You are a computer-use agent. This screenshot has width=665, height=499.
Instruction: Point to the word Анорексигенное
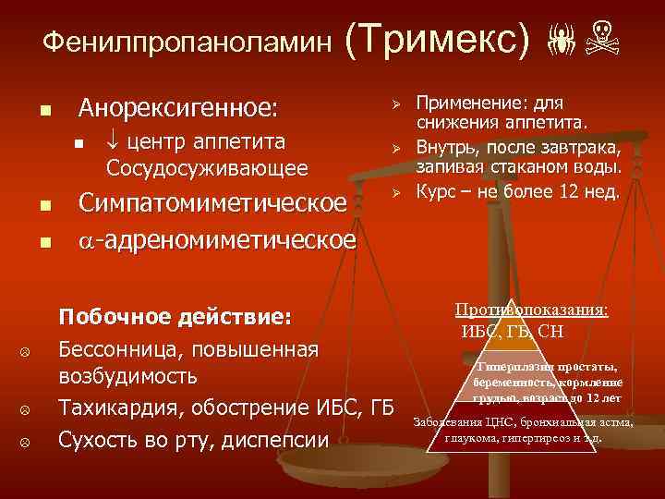coord(177,108)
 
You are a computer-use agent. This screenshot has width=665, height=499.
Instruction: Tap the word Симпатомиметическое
coord(213,202)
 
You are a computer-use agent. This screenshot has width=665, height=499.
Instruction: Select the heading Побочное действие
coord(175,317)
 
